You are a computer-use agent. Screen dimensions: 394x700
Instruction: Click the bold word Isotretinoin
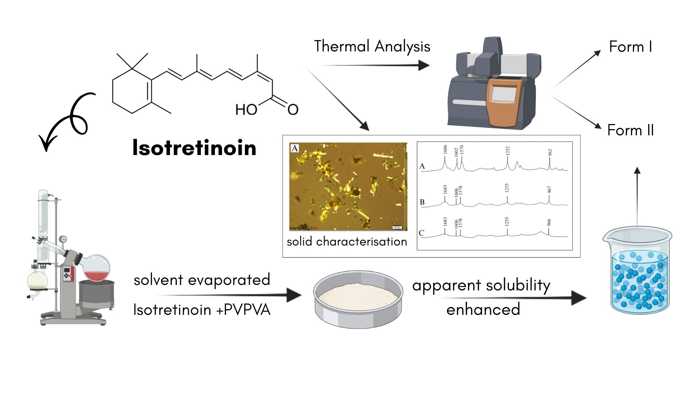pyautogui.click(x=194, y=148)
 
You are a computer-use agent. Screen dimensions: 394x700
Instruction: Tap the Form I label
pyautogui.click(x=630, y=47)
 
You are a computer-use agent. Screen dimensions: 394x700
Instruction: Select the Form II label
pyautogui.click(x=630, y=130)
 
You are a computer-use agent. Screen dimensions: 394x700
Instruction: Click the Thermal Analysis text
pyautogui.click(x=372, y=47)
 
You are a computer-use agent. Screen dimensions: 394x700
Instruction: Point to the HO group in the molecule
pyautogui.click(x=246, y=109)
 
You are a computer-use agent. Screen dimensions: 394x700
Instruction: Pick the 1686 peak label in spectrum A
pyautogui.click(x=445, y=149)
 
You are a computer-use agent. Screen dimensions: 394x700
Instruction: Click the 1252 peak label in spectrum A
pyautogui.click(x=507, y=151)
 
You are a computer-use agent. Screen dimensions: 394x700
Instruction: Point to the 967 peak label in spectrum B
pyautogui.click(x=549, y=189)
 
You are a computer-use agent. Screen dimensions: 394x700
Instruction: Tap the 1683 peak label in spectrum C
pyautogui.click(x=445, y=221)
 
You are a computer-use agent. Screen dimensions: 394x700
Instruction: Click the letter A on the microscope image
pyautogui.click(x=295, y=148)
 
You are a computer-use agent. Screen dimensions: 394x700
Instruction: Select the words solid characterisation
pyautogui.click(x=347, y=242)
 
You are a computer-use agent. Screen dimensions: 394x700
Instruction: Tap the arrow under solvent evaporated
pyautogui.click(x=230, y=295)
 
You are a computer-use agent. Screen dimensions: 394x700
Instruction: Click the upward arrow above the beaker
pyautogui.click(x=637, y=197)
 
